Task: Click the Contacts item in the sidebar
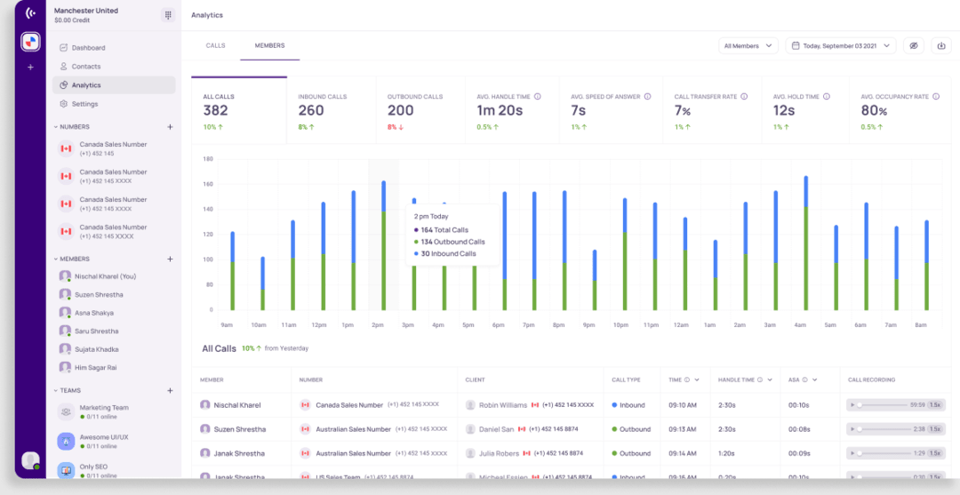point(85,67)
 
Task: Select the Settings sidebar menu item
point(84,104)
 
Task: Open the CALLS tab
point(215,45)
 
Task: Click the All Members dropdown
point(748,46)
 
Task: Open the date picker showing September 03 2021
point(840,46)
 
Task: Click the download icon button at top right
point(941,46)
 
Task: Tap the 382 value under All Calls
point(216,111)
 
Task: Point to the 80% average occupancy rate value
point(873,111)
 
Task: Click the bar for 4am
point(806,249)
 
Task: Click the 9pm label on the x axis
point(588,325)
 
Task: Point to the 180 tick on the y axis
point(207,159)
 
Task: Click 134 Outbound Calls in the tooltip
point(452,242)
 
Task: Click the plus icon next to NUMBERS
point(170,127)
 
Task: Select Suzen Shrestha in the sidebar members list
point(99,294)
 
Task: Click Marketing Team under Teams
point(103,408)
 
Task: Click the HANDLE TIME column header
point(735,379)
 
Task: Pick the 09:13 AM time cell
point(681,429)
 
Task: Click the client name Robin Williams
point(502,404)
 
